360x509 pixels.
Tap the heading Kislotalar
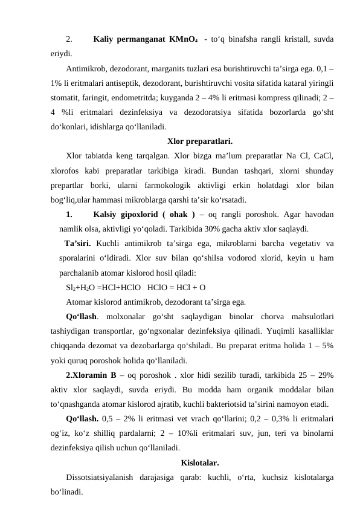(199, 464)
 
